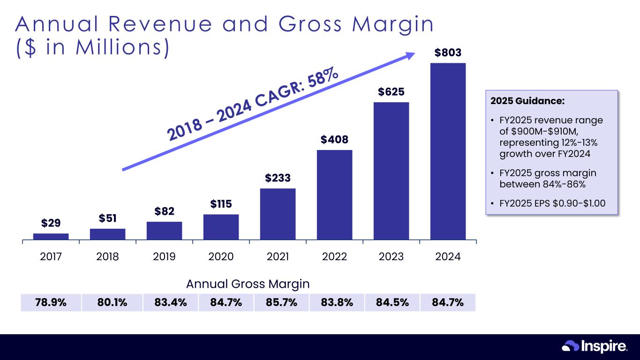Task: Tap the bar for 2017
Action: pos(51,237)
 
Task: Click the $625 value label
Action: pos(391,91)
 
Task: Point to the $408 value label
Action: pos(334,139)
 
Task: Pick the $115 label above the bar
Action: pos(221,204)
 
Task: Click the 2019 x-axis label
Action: pos(164,256)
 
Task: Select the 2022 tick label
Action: pos(334,256)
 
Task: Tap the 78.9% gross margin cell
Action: pos(51,302)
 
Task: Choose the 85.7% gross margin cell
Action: pos(281,302)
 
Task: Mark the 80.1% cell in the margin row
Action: pos(112,302)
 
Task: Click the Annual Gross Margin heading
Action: pos(248,284)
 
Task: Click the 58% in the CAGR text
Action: pos(323,80)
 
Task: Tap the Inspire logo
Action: pos(595,346)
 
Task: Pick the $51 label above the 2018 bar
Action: pos(107,218)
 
